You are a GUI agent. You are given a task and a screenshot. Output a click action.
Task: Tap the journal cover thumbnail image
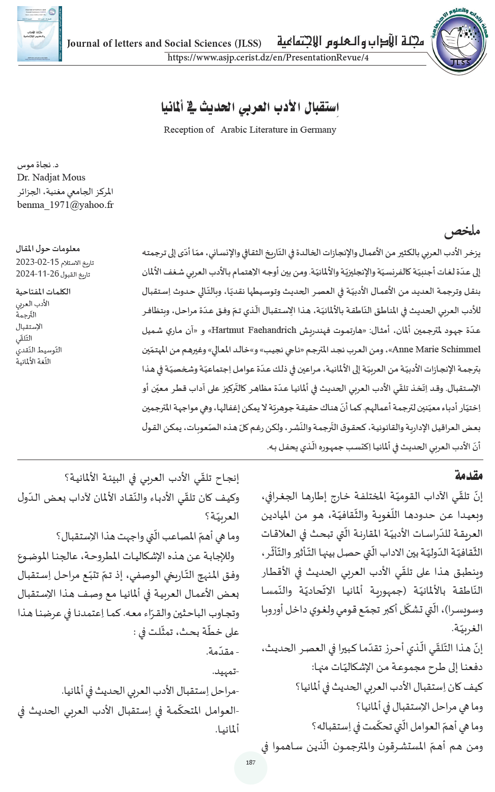click(x=39, y=34)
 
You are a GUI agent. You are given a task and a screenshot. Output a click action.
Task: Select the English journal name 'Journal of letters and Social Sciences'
click(x=164, y=43)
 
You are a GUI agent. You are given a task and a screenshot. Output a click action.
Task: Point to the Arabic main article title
click(x=250, y=107)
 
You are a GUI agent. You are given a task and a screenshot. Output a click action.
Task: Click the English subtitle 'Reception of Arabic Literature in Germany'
click(x=250, y=130)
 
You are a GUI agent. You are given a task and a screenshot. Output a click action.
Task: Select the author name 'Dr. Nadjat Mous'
click(x=51, y=177)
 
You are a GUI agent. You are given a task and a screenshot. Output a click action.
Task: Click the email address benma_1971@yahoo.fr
click(x=65, y=205)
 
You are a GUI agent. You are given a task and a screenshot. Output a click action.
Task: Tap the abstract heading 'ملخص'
click(x=462, y=232)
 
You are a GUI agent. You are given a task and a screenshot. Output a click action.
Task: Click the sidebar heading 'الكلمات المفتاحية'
click(x=43, y=292)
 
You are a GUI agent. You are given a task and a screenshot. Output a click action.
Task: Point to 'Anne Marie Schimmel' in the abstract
click(x=436, y=350)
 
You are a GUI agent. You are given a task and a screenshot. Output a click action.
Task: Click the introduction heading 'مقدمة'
click(x=469, y=476)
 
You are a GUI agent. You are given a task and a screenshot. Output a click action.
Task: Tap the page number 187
click(x=250, y=762)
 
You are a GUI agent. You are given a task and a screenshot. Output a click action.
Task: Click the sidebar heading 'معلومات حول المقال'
click(x=48, y=249)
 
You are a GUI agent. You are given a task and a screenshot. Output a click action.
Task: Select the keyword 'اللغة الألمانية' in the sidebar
click(x=34, y=362)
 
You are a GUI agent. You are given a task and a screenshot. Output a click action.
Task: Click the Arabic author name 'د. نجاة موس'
click(x=38, y=165)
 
